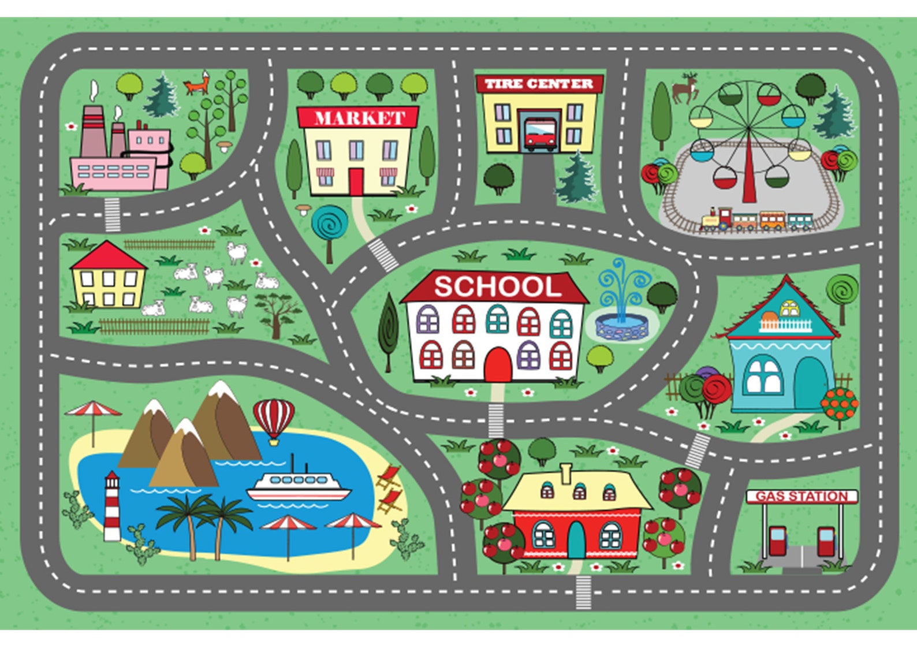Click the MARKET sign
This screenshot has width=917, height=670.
[x=359, y=118]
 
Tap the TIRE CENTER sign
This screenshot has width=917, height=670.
[x=539, y=84]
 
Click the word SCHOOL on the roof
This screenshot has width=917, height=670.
[x=497, y=286]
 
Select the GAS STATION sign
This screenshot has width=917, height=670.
[x=802, y=496]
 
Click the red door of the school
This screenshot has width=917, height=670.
[x=497, y=365]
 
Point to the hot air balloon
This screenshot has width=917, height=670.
[x=274, y=419]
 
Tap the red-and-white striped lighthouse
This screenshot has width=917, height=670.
[x=112, y=507]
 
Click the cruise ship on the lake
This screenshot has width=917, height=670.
[x=299, y=486]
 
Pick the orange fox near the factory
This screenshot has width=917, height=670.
[x=197, y=84]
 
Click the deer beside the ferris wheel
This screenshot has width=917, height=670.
[x=685, y=88]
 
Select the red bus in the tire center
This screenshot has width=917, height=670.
[x=540, y=134]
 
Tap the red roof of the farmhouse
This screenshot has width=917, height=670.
[x=107, y=256]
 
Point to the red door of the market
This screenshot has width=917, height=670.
[x=356, y=181]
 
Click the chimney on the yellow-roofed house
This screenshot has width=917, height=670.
[x=565, y=473]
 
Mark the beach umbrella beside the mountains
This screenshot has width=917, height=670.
[x=93, y=415]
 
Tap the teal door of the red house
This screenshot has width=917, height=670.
[x=576, y=539]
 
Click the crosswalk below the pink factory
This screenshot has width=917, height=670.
[x=112, y=214]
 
